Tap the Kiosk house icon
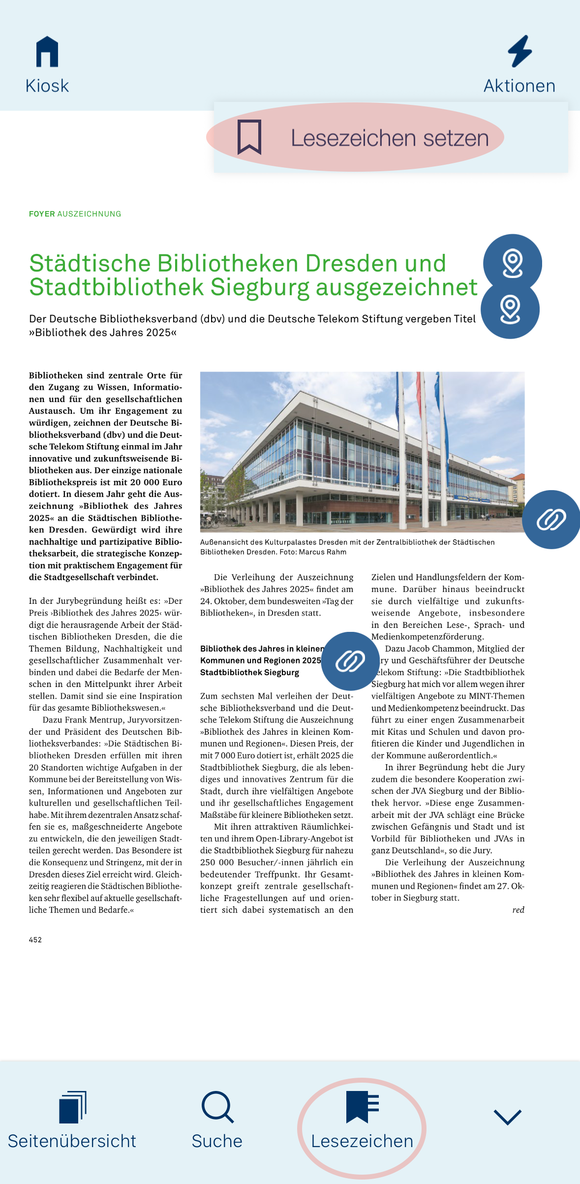(47, 52)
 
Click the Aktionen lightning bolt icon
(519, 51)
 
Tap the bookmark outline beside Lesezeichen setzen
(249, 137)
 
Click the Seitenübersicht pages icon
(72, 1107)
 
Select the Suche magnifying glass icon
(217, 1107)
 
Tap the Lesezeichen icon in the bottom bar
(362, 1107)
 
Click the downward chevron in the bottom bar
(507, 1117)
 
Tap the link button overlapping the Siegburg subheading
(350, 661)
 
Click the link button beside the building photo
(551, 520)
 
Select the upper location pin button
(513, 263)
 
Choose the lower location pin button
(510, 310)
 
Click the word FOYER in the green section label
(42, 214)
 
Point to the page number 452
(35, 940)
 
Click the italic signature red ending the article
(518, 910)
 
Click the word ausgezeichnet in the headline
(397, 287)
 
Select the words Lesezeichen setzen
(390, 138)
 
